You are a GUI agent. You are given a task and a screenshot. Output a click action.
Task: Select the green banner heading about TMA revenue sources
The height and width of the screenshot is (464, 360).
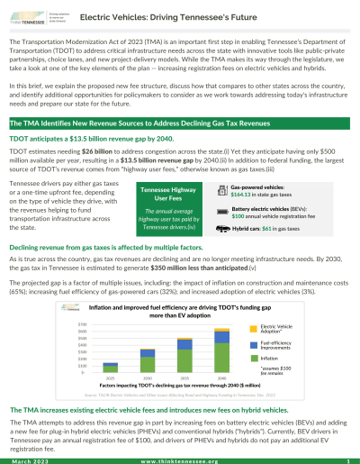(x=180, y=122)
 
